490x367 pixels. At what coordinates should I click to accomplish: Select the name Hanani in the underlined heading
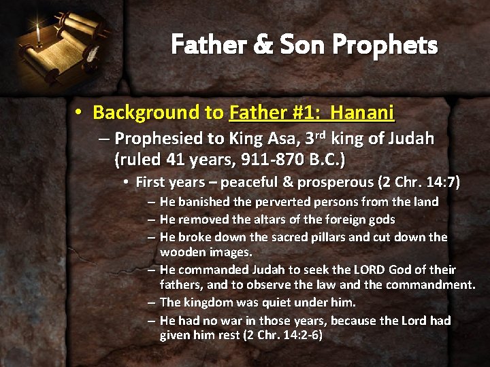[x=364, y=111]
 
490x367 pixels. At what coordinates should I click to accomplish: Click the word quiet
[x=278, y=302]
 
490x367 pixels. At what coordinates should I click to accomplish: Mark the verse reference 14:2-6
[x=300, y=335]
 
